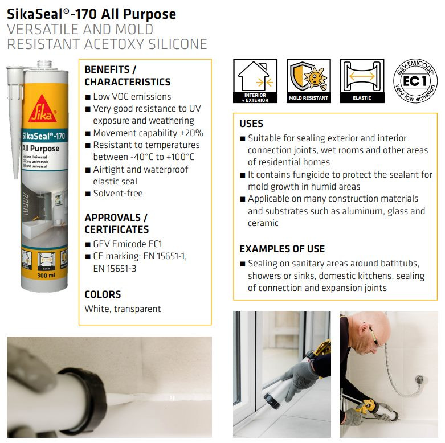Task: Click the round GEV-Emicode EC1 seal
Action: point(415,81)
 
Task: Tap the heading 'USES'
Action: point(251,124)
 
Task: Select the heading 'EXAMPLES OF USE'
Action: point(281,249)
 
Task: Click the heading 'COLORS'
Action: point(103,294)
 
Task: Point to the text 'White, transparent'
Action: point(123,309)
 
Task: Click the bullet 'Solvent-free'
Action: point(117,194)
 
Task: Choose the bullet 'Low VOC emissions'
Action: point(132,97)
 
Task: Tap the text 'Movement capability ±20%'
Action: point(148,133)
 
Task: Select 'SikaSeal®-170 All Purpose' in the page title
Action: point(91,14)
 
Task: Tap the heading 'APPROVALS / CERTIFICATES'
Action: point(116,223)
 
